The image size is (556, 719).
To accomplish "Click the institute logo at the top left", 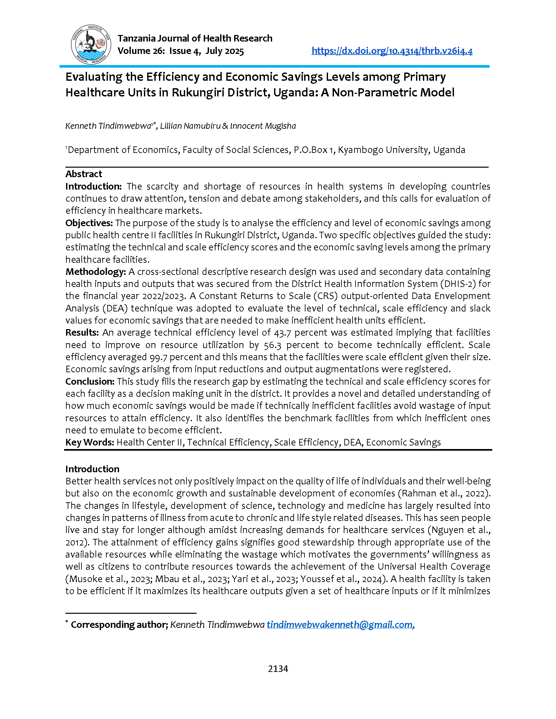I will click(91, 44).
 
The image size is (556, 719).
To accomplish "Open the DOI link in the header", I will click(392, 51).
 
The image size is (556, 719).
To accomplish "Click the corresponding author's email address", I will click(340, 625).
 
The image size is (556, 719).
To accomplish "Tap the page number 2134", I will click(278, 669).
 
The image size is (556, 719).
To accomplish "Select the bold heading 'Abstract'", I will click(84, 174).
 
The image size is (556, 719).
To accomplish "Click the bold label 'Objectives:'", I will click(89, 223).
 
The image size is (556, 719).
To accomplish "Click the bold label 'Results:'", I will click(82, 332).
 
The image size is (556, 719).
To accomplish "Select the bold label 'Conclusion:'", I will click(90, 381).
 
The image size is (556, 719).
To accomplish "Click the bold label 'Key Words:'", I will click(90, 442).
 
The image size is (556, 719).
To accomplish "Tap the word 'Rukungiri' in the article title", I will click(196, 92).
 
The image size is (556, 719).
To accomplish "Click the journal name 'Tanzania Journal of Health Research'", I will click(195, 38).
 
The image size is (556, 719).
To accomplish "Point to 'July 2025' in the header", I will click(225, 51).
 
